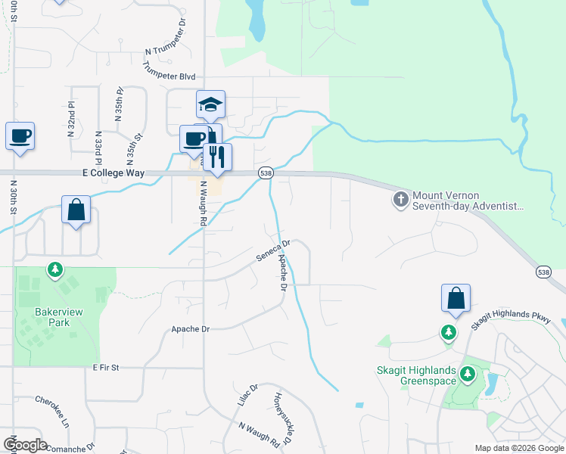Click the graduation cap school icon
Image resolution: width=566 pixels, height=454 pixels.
(211, 104)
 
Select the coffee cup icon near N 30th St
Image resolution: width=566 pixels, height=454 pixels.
(20, 136)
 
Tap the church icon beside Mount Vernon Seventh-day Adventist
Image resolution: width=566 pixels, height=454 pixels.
(400, 200)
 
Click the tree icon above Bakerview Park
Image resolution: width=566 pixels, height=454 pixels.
(54, 269)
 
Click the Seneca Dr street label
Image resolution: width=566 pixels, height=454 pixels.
(273, 251)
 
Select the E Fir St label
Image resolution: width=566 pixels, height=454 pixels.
(107, 367)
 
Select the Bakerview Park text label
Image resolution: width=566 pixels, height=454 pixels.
(52, 316)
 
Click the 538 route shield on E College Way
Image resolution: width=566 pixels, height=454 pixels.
(266, 173)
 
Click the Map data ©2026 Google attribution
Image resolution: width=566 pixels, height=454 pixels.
(518, 448)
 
